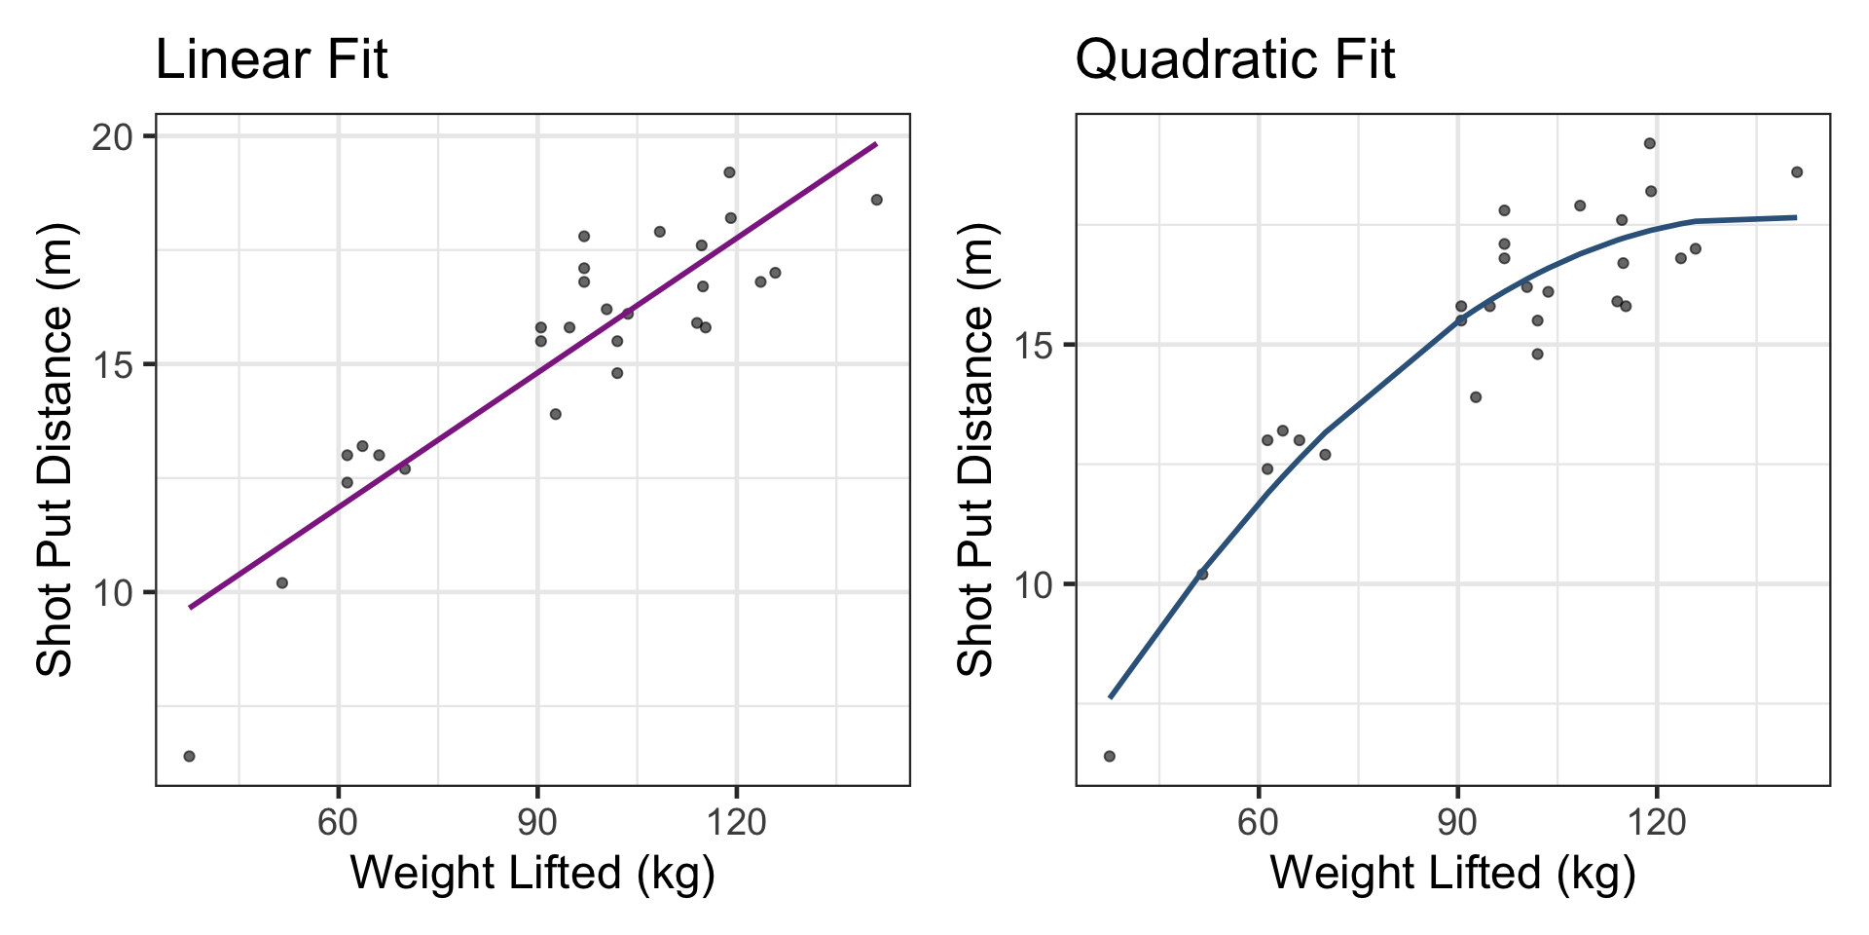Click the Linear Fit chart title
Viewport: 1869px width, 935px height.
[x=272, y=60]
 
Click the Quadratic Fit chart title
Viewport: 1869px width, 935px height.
[x=1234, y=60]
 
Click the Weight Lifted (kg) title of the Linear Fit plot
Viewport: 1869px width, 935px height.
[x=532, y=873]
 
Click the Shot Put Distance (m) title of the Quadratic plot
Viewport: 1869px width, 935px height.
[x=975, y=449]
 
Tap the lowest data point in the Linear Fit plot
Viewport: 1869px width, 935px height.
[x=189, y=757]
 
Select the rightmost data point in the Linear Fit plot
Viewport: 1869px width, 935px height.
[x=876, y=200]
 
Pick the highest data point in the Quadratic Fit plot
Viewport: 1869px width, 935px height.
[x=1650, y=143]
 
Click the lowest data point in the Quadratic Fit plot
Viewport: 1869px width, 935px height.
[x=1109, y=757]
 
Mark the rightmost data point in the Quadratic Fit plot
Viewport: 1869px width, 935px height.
[x=1797, y=172]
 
